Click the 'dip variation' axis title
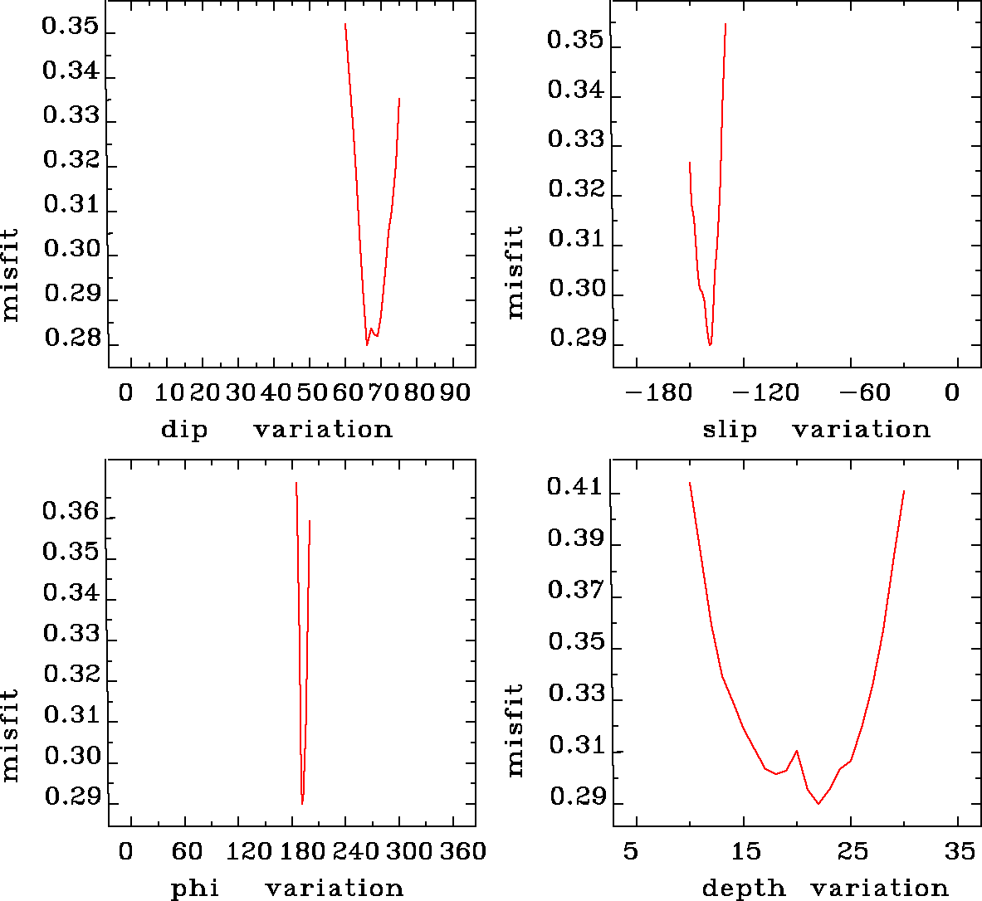point(276,430)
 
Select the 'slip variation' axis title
point(817,430)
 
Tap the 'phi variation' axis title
point(286,889)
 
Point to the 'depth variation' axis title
point(824,889)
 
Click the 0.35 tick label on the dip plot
point(71,27)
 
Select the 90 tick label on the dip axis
point(455,392)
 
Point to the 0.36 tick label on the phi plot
point(71,512)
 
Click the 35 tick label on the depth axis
point(960,851)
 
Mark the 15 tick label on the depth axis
point(745,851)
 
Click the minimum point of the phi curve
point(302,803)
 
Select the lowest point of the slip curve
point(710,345)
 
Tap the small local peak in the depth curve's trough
point(797,751)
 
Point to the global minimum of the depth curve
point(818,803)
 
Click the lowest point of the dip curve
point(367,344)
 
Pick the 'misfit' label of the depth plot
point(515,730)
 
